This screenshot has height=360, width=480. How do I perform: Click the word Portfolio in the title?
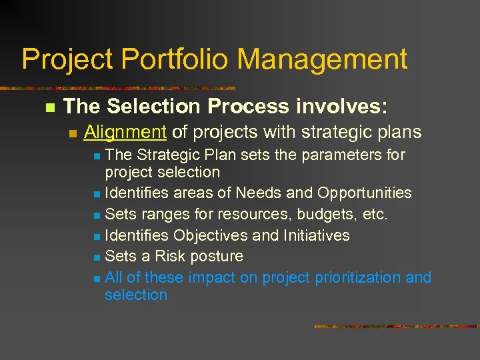(175, 59)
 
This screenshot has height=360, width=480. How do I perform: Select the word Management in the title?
(322, 59)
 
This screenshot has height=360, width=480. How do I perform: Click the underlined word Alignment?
(125, 132)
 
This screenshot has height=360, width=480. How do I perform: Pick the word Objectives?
(213, 235)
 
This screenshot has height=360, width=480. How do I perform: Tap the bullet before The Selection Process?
(47, 107)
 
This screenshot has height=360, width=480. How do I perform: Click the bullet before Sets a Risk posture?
(97, 257)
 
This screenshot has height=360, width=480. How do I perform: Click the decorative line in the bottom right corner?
(396, 327)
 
